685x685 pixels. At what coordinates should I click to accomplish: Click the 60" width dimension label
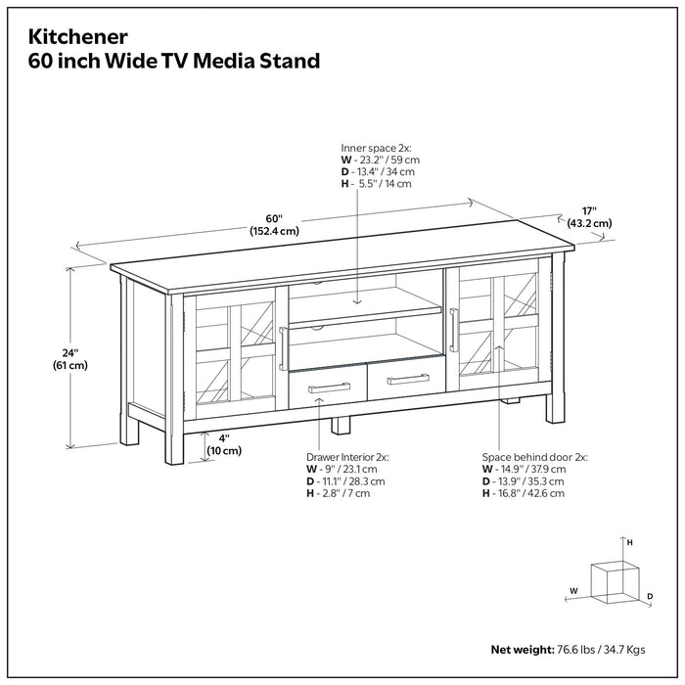[x=275, y=217]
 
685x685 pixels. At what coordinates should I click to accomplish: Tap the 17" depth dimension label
[x=588, y=209]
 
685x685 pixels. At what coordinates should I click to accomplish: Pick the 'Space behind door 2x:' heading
[x=534, y=456]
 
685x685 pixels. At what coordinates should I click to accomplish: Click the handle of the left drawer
[x=330, y=388]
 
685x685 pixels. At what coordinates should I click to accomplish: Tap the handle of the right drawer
[x=408, y=379]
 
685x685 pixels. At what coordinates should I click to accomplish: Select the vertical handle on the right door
[x=453, y=329]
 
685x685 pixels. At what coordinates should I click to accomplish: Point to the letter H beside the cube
[x=630, y=541]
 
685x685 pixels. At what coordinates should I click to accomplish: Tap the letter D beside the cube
[x=649, y=595]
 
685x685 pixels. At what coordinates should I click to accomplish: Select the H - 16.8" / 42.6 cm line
[x=524, y=494]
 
